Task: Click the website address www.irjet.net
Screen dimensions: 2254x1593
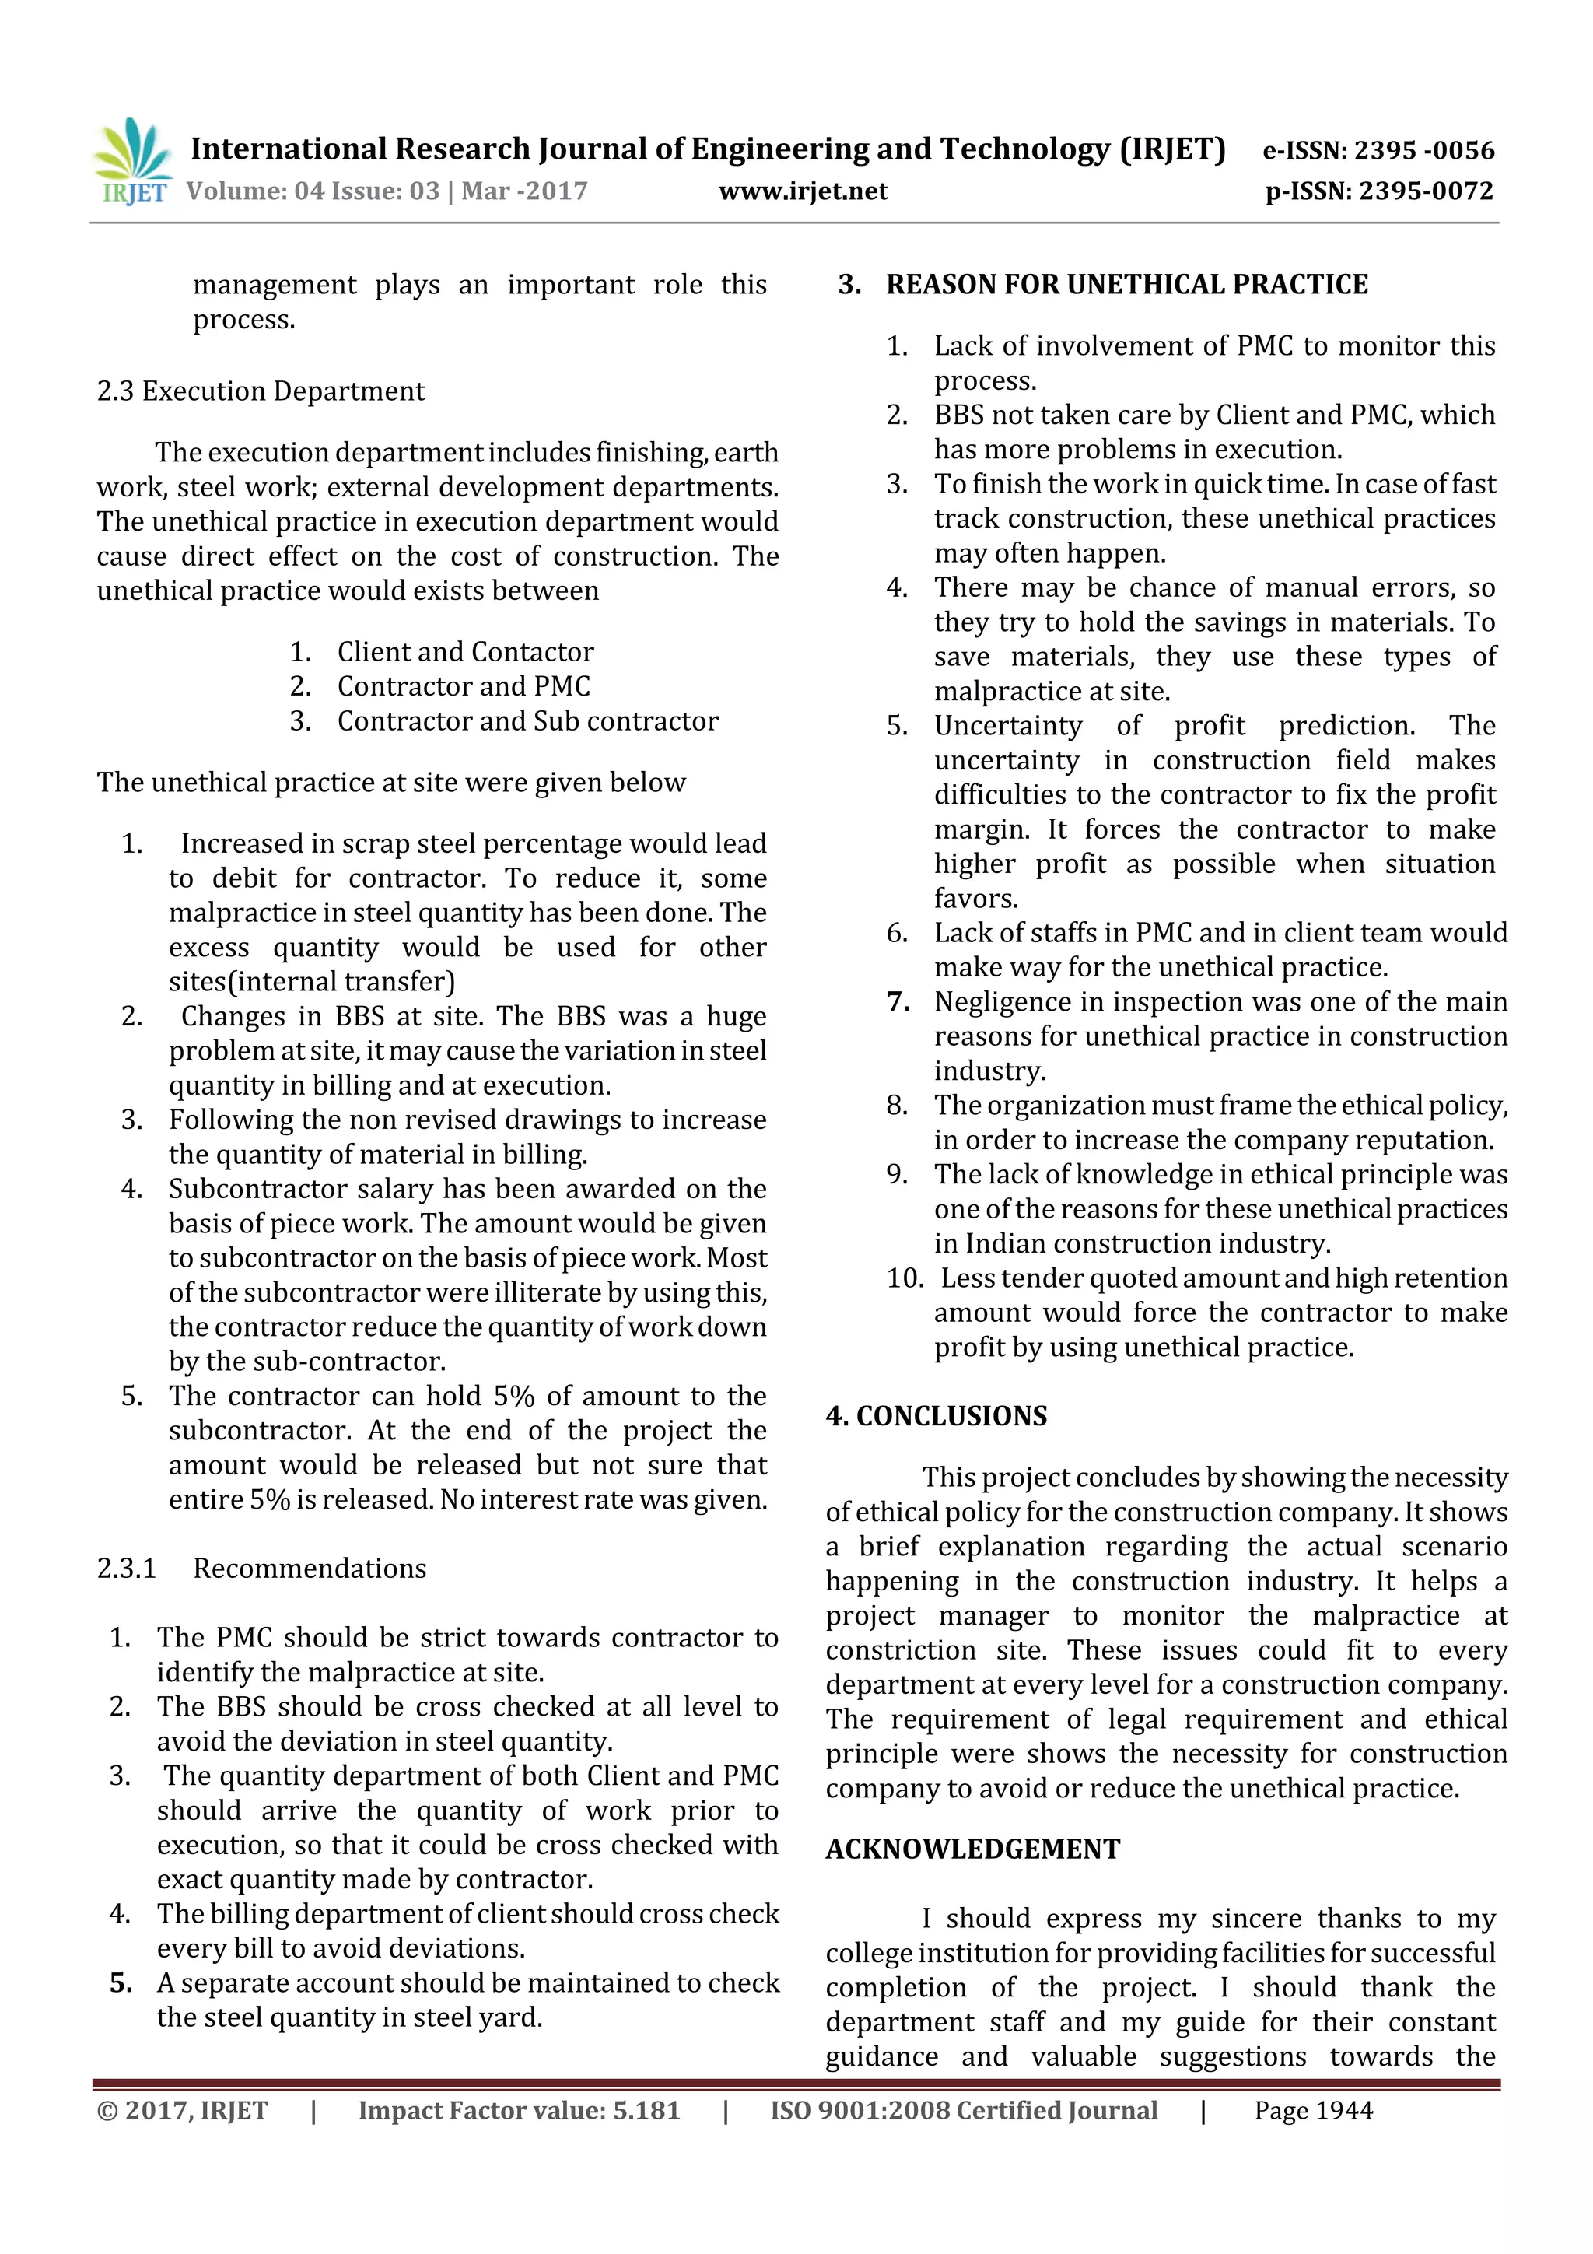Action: click(x=803, y=191)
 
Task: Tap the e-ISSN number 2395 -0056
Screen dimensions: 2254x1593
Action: click(x=1423, y=150)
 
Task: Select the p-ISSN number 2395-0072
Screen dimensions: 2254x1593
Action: click(x=1425, y=191)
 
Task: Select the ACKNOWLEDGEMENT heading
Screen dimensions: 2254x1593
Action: click(x=972, y=1849)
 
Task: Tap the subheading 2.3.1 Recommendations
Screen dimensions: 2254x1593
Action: click(x=261, y=1568)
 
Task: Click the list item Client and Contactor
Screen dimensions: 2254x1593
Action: click(x=465, y=652)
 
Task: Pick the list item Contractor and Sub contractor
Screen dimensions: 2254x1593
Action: click(x=527, y=720)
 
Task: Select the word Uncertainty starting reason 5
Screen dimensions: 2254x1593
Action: click(x=1007, y=725)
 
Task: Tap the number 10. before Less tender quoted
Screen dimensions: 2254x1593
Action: click(x=904, y=1278)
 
